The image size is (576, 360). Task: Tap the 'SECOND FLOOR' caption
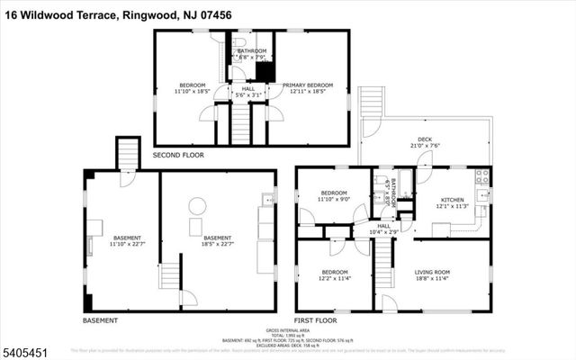coord(178,155)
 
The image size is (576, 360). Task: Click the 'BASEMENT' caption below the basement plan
coord(100,320)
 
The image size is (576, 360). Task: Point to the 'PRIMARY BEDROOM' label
coord(309,85)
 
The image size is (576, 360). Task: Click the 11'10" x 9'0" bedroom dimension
coord(334,199)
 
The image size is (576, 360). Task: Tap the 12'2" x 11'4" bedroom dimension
coord(334,278)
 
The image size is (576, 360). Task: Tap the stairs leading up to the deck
coord(371,103)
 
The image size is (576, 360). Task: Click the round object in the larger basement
coord(196,204)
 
